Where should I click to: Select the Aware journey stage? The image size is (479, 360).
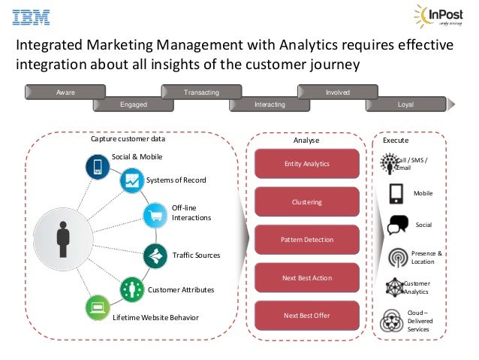[x=65, y=92]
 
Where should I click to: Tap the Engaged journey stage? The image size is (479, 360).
[x=134, y=104]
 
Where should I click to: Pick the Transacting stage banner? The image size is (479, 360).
[x=201, y=92]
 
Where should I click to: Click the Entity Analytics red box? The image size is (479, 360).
[x=306, y=163]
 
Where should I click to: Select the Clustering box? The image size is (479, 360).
[x=306, y=201]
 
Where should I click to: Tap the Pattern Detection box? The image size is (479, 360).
[x=306, y=240]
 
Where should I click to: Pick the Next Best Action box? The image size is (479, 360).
[x=306, y=278]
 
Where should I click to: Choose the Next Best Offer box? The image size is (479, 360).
[x=306, y=316]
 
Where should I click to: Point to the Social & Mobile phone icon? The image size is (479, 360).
[x=97, y=165]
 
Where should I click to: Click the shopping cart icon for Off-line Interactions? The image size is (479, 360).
[x=155, y=215]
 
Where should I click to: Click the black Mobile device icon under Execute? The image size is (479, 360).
[x=396, y=194]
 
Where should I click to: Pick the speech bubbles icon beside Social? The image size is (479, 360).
[x=397, y=225]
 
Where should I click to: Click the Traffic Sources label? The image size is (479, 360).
[x=196, y=256]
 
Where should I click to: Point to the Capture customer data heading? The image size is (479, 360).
[x=128, y=139]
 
